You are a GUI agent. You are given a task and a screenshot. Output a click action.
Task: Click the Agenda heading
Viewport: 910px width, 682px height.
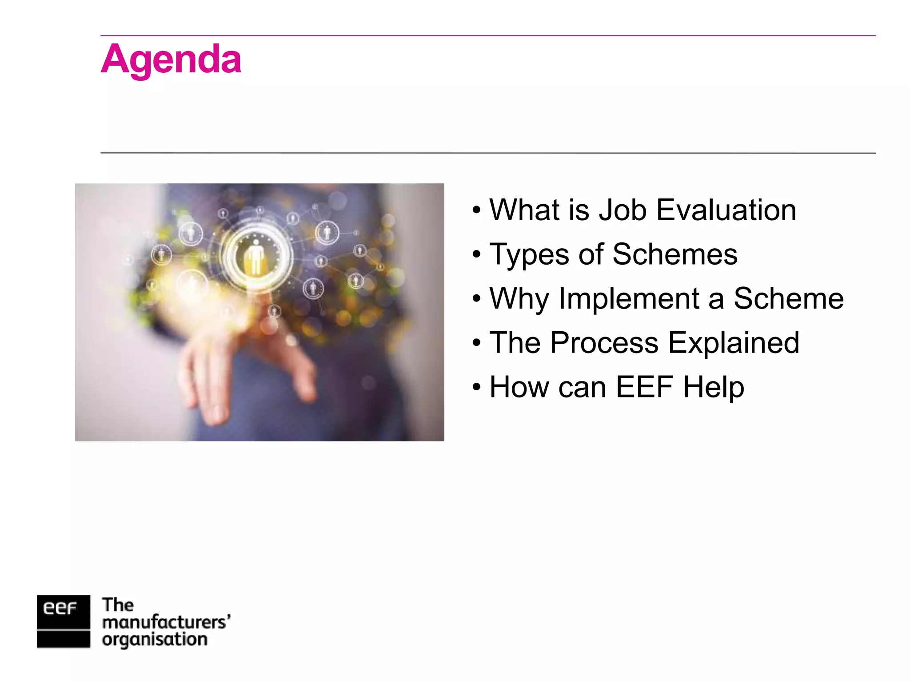click(171, 60)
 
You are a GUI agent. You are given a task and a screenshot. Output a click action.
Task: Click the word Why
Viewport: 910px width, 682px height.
click(519, 299)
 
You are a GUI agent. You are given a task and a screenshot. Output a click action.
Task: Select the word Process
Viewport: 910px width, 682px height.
click(604, 343)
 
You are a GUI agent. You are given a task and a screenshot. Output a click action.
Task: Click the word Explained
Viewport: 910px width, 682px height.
click(734, 343)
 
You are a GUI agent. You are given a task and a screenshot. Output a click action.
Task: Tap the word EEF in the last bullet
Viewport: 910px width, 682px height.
click(644, 387)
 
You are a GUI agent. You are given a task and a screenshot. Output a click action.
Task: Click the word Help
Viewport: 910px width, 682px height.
click(714, 387)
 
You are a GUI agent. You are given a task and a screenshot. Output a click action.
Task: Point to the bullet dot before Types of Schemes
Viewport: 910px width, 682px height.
click(477, 254)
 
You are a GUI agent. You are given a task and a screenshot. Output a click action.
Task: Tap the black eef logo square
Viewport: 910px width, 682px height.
click(63, 621)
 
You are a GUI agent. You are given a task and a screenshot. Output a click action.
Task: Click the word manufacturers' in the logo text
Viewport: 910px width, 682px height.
click(166, 623)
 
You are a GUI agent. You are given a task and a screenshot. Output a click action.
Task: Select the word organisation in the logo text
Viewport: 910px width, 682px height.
click(154, 640)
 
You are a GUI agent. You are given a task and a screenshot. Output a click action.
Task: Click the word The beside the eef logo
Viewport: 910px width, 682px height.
click(118, 605)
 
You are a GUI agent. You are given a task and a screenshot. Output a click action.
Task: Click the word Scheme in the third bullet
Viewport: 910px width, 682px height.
click(788, 299)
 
